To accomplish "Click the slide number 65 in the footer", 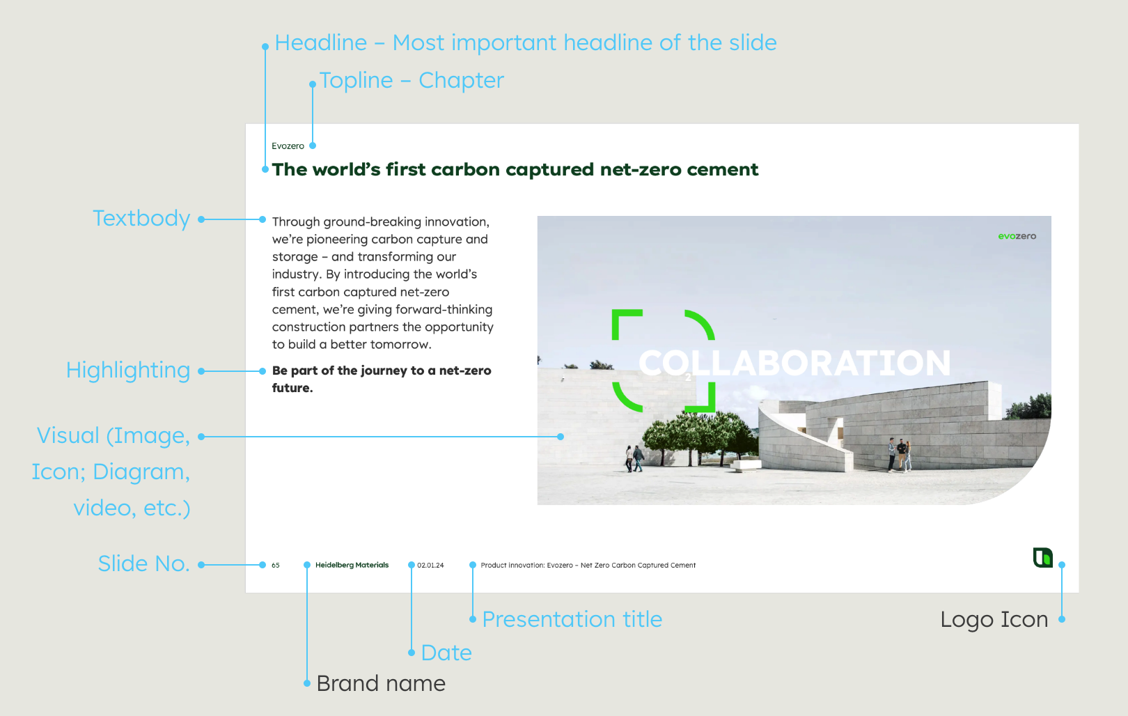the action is [x=276, y=566].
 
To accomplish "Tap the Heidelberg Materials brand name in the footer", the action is [x=352, y=566].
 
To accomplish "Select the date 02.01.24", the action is [x=430, y=566].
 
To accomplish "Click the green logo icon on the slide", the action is [x=1043, y=558].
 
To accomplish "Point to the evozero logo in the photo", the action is [x=1017, y=236].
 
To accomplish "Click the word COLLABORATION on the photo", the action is [x=794, y=363].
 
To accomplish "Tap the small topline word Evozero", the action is [x=288, y=146].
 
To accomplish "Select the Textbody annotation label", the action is [x=141, y=219].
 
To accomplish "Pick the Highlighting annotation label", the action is [x=128, y=371].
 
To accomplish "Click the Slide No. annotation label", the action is [x=144, y=564].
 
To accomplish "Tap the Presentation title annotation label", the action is [x=572, y=619].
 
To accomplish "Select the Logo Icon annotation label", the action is [x=994, y=620].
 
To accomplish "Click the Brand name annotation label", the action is [x=381, y=684].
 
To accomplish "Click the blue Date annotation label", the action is [x=446, y=653].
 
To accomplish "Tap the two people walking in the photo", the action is [x=634, y=458].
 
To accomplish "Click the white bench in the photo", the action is [x=745, y=465].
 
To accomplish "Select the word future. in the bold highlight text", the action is [x=292, y=389].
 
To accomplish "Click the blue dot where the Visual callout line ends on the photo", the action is [x=561, y=437].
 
